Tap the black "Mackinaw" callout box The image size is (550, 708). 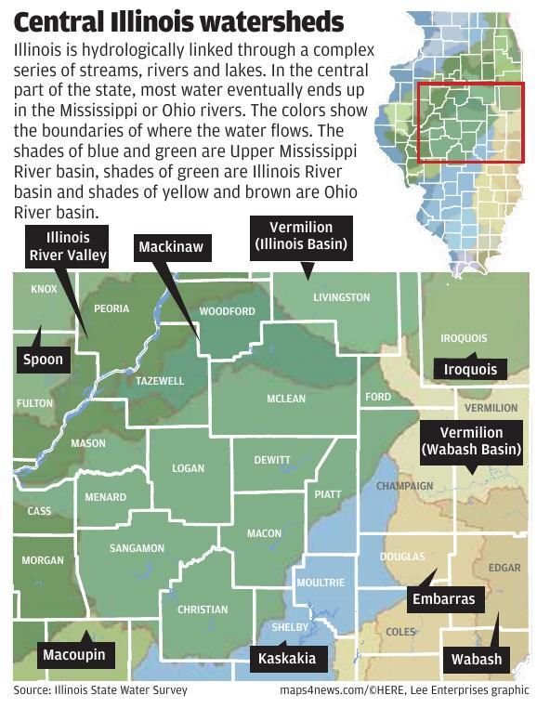pyautogui.click(x=170, y=247)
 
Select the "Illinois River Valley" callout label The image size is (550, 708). pyautogui.click(x=68, y=246)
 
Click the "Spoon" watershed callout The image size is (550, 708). pyautogui.click(x=44, y=361)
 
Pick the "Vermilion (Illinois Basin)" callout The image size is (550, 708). pyautogui.click(x=302, y=236)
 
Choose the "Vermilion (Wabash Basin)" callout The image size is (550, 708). pyautogui.click(x=471, y=441)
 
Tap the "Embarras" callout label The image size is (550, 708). pyautogui.click(x=443, y=599)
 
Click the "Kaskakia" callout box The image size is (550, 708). pyautogui.click(x=287, y=659)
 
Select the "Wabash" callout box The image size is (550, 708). pyautogui.click(x=476, y=660)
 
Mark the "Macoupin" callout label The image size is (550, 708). pyautogui.click(x=73, y=655)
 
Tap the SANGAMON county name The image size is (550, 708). pyautogui.click(x=137, y=548)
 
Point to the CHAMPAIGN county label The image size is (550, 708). pyautogui.click(x=404, y=486)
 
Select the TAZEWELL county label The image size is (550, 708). pyautogui.click(x=160, y=381)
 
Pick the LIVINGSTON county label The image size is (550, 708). pyautogui.click(x=341, y=297)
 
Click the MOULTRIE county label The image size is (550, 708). pyautogui.click(x=320, y=583)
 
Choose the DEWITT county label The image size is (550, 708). pyautogui.click(x=272, y=460)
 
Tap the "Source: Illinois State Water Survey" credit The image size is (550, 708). pyautogui.click(x=100, y=690)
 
